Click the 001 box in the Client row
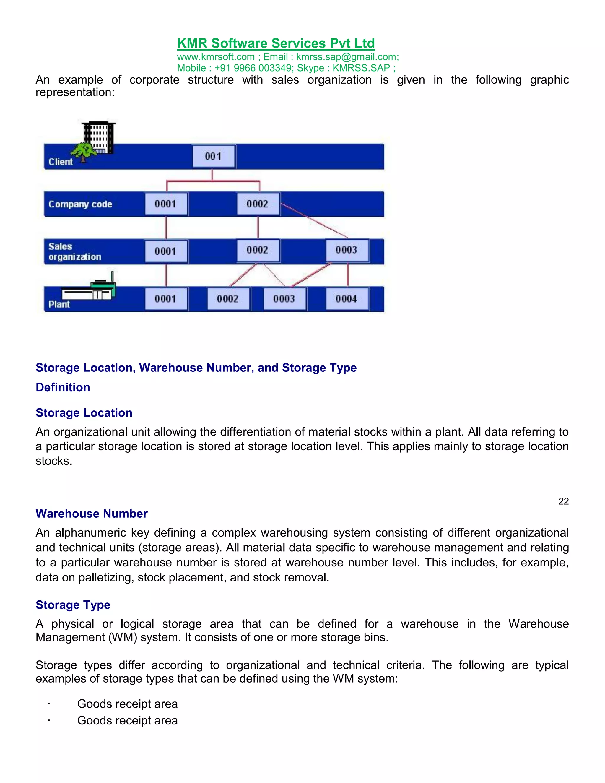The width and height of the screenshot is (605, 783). (214, 156)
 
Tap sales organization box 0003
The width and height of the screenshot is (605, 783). (347, 250)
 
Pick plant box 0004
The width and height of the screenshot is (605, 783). (347, 299)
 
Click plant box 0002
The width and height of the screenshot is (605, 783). (228, 299)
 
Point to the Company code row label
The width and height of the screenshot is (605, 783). (80, 204)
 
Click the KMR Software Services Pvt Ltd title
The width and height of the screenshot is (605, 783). (276, 43)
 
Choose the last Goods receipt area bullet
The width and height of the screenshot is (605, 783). (127, 721)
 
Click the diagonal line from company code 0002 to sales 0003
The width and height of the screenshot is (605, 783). (314, 220)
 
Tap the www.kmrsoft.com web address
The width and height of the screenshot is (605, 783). (216, 57)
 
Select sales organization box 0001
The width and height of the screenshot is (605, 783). (166, 251)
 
